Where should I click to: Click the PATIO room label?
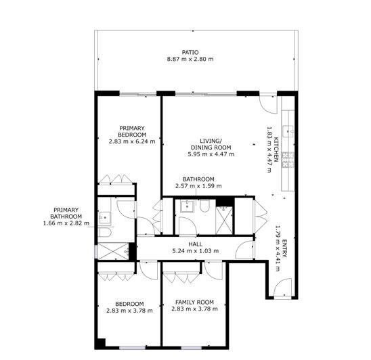pyautogui.click(x=190, y=52)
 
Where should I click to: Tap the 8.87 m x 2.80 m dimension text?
pyautogui.click(x=190, y=59)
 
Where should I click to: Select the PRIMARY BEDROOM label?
pyautogui.click(x=132, y=131)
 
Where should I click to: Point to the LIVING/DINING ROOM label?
pyautogui.click(x=211, y=144)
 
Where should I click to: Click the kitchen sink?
pyautogui.click(x=288, y=131)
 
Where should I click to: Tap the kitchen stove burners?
pyautogui.click(x=288, y=160)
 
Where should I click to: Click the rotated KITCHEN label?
pyautogui.click(x=276, y=150)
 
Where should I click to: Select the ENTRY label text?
pyautogui.click(x=284, y=248)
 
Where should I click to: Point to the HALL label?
pyautogui.click(x=196, y=244)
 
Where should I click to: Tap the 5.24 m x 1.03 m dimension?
pyautogui.click(x=196, y=251)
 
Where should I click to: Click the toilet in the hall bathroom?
pyautogui.click(x=204, y=206)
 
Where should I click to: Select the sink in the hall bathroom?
pyautogui.click(x=188, y=206)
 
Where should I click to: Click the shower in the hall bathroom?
pyautogui.click(x=224, y=220)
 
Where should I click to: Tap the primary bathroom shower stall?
pyautogui.click(x=113, y=251)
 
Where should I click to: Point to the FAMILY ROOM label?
pyautogui.click(x=194, y=302)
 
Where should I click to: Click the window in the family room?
pyautogui.click(x=192, y=348)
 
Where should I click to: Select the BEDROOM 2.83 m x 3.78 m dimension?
pyautogui.click(x=129, y=311)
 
